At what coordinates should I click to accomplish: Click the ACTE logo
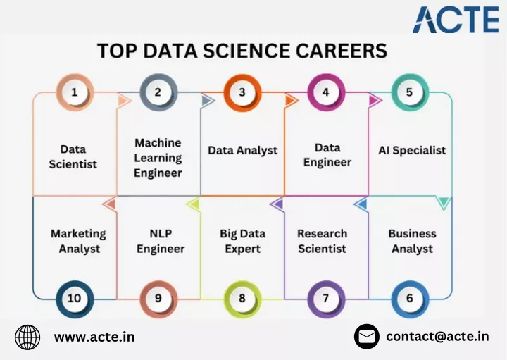point(456,20)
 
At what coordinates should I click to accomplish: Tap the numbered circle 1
point(75,92)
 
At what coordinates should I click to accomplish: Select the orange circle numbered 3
point(242,92)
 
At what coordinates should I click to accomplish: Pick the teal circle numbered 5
point(410,92)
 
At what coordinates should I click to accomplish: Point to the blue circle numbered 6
point(410,299)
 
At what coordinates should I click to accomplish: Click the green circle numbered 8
point(242,299)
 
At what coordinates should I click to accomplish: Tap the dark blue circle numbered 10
point(75,299)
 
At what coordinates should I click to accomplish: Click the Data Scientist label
point(73,157)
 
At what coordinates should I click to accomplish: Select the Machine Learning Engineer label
point(158,158)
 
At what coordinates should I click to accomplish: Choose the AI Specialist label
point(412,150)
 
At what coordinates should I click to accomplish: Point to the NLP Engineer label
point(161,242)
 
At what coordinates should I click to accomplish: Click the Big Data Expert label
point(242,242)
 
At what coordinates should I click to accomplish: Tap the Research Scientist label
point(322,242)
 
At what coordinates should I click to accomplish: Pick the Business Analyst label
point(412,242)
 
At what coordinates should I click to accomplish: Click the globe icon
point(27,337)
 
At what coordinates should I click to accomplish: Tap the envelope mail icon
point(367,337)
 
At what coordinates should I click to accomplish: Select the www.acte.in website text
point(94,337)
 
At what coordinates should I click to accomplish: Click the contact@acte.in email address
point(437,336)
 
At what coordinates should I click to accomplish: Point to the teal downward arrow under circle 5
point(444,203)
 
